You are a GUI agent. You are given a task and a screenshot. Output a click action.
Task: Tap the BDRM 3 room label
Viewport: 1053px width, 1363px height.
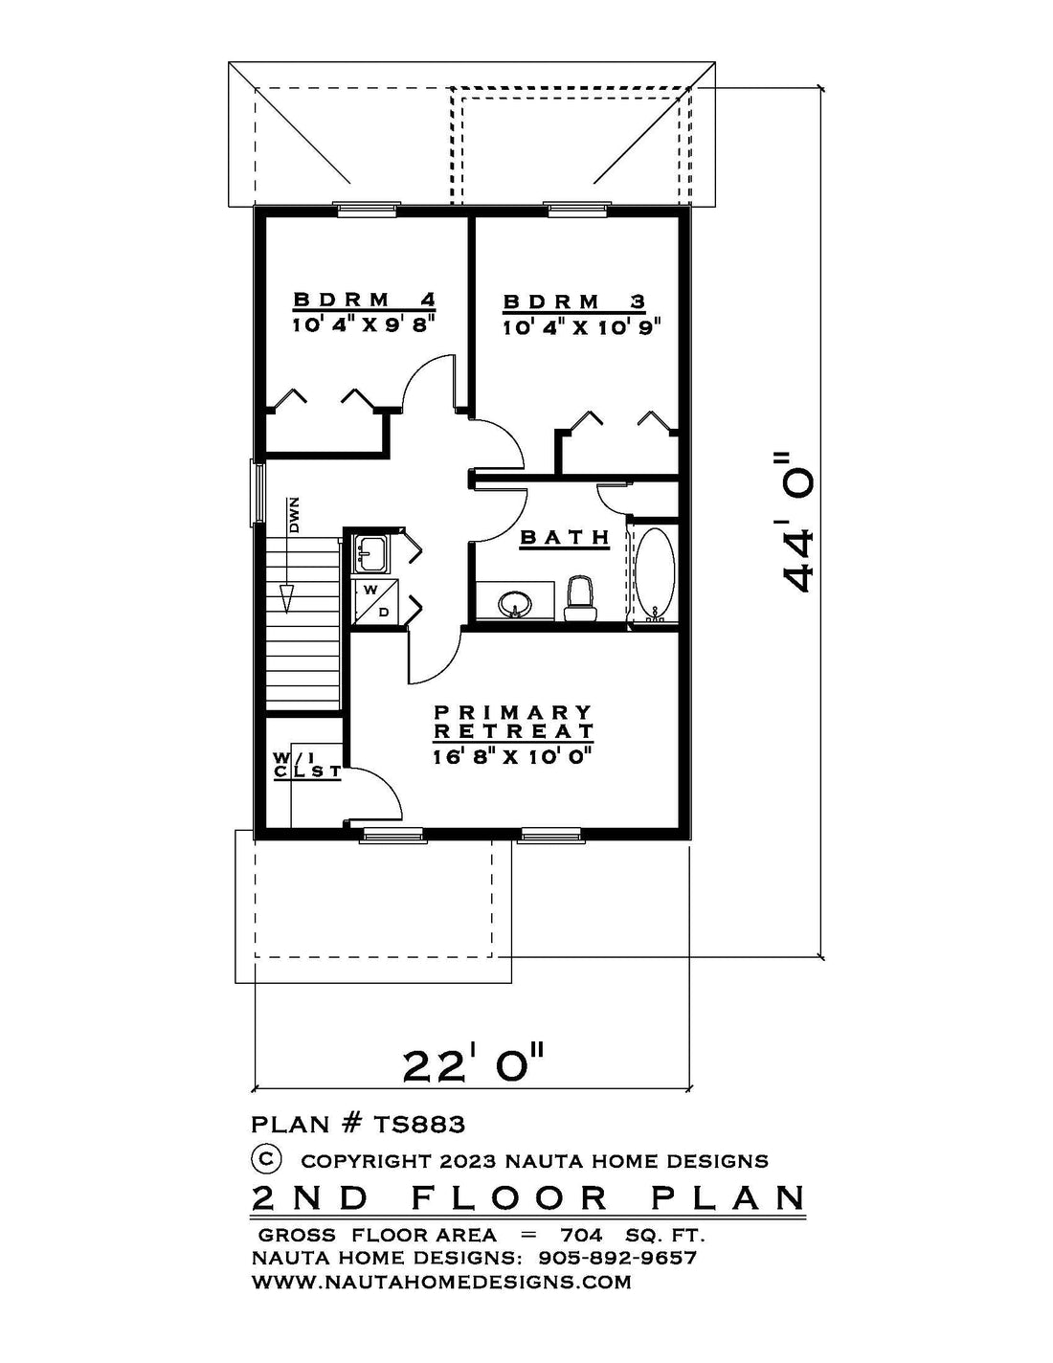574,302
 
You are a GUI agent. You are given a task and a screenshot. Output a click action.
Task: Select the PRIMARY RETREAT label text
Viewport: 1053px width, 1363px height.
513,722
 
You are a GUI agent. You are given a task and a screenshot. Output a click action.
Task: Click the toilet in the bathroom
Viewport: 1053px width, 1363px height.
579,599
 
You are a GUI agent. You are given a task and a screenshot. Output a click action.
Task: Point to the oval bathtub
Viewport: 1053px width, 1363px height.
656,574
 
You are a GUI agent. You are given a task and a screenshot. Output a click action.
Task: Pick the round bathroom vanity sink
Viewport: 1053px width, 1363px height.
516,604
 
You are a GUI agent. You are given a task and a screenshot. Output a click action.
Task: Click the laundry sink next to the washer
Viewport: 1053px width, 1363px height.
370,554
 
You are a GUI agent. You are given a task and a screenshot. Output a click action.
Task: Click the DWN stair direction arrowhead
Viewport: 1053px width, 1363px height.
287,599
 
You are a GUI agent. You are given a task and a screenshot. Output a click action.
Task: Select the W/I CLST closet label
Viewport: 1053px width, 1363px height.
307,765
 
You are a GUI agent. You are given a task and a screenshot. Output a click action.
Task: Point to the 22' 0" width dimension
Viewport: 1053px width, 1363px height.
472,1065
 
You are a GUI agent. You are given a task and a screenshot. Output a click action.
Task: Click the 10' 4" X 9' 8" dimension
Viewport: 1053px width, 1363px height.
364,325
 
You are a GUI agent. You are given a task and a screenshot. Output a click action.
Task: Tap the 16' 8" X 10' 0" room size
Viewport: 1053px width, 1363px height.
513,757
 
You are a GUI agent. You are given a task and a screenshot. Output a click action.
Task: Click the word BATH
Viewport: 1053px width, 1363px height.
565,538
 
